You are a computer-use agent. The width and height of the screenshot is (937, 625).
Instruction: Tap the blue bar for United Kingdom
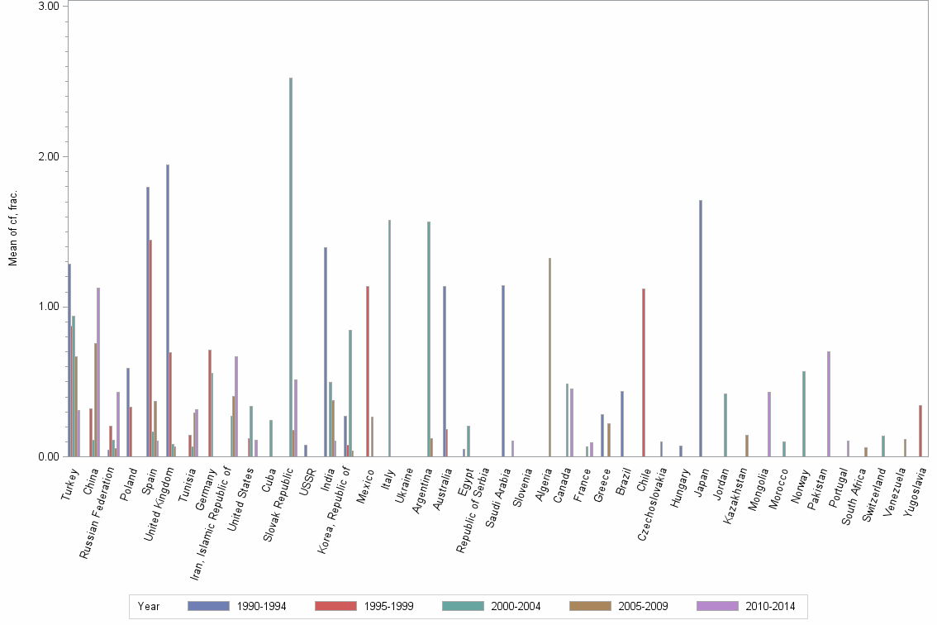tap(168, 310)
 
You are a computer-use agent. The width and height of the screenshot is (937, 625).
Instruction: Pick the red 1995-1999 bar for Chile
tap(643, 372)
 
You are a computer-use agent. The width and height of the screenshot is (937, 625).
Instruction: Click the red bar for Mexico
tap(368, 371)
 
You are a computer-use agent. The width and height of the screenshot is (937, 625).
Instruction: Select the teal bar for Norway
tap(803, 413)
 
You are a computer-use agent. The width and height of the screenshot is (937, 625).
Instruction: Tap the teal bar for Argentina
tap(429, 339)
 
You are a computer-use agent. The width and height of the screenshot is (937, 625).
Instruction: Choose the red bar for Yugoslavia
tap(920, 431)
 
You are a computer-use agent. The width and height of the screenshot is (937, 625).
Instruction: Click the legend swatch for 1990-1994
tap(208, 607)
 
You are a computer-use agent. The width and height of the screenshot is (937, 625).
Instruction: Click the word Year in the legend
tap(150, 607)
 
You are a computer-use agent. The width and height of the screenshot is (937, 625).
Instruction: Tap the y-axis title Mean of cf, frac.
tap(12, 228)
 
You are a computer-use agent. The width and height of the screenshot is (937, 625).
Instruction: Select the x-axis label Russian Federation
tap(103, 504)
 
